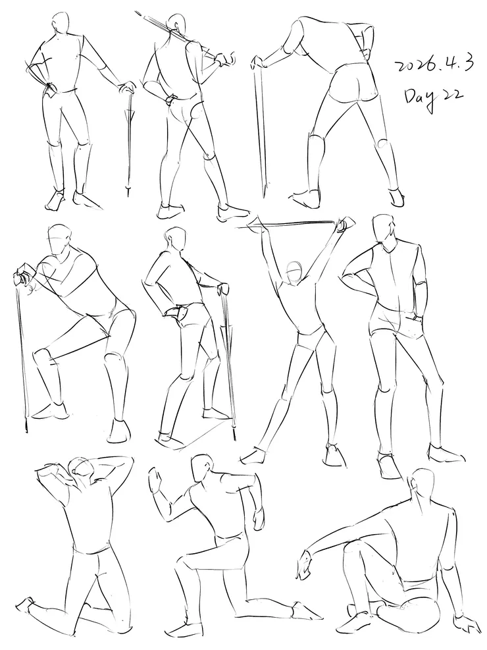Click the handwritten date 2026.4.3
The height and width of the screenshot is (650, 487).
click(x=433, y=65)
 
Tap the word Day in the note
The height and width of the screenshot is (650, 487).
click(x=419, y=98)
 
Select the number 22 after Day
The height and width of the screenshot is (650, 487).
click(x=451, y=95)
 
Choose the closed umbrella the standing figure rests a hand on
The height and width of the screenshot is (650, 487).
click(x=130, y=141)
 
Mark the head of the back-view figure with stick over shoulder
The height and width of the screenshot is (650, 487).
click(x=177, y=25)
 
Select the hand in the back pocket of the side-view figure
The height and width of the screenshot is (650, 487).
click(x=174, y=311)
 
